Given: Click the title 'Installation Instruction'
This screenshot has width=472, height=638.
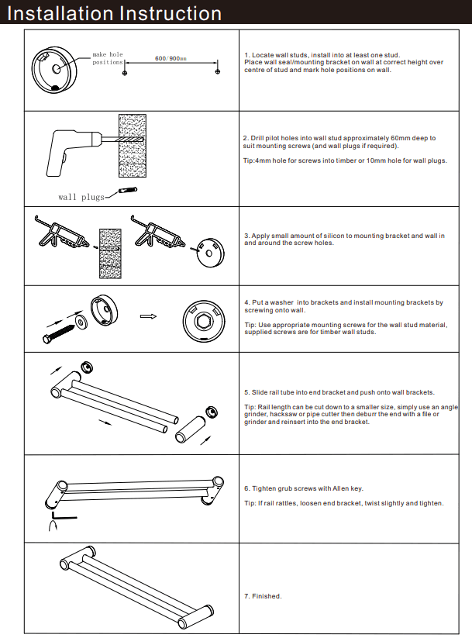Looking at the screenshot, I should tap(114, 13).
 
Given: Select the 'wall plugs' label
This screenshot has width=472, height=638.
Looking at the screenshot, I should tap(81, 197).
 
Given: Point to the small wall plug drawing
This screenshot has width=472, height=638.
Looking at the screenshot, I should tap(128, 191).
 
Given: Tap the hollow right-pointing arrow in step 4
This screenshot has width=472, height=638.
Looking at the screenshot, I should tap(148, 316).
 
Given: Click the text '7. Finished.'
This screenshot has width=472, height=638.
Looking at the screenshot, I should tap(263, 596).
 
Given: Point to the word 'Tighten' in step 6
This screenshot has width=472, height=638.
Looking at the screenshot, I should tap(264, 488).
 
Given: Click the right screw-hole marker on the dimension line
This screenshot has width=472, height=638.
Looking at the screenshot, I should tap(219, 71).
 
